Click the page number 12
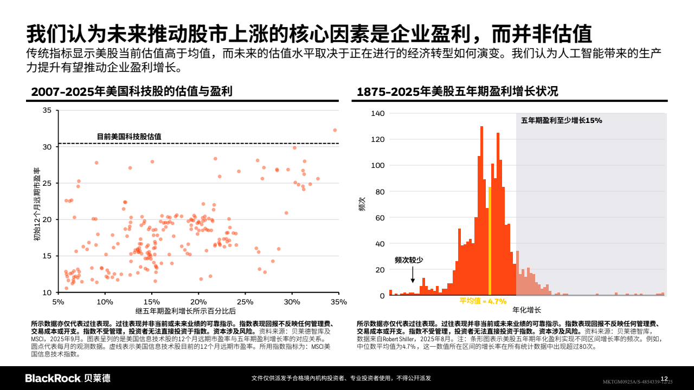pyautogui.click(x=664, y=378)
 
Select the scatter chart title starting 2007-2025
pyautogui.click(x=132, y=92)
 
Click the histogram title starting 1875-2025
pyautogui.click(x=457, y=92)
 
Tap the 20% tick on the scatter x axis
pyautogui.click(x=198, y=302)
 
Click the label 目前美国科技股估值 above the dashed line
pyautogui.click(x=128, y=136)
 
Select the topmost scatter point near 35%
pyautogui.click(x=335, y=130)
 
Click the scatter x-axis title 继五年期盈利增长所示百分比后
pyautogui.click(x=186, y=311)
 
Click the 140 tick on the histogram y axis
pyautogui.click(x=378, y=113)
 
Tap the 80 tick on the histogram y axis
pyautogui.click(x=380, y=192)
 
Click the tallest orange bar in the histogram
pyautogui.click(x=481, y=211)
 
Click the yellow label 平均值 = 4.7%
pyautogui.click(x=483, y=301)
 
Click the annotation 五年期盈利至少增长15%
pyautogui.click(x=562, y=120)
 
